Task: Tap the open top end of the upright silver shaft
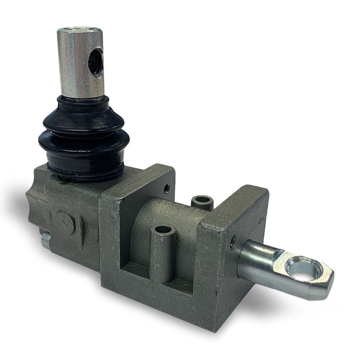tap(80, 29)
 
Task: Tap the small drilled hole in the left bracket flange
tap(166, 188)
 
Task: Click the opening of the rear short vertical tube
tap(202, 199)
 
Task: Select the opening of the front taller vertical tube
tap(164, 229)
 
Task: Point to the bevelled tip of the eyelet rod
tap(326, 284)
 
